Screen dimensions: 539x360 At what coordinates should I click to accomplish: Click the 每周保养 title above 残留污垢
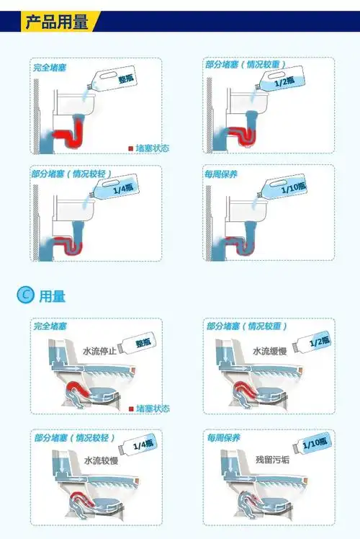click(x=222, y=437)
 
